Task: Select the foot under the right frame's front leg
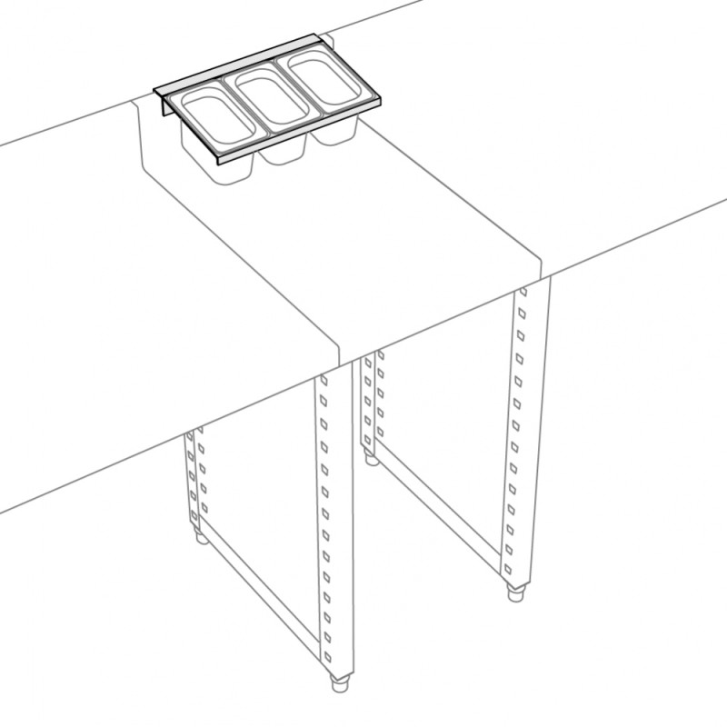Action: pos(516,596)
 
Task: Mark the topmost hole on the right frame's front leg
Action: pos(522,293)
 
